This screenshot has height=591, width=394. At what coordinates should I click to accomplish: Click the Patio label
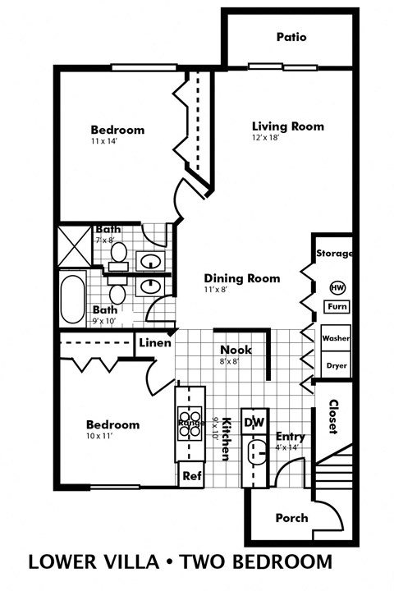coord(291,37)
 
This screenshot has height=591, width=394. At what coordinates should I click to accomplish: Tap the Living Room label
coord(287,126)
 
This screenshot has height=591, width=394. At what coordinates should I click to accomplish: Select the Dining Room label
coord(242,278)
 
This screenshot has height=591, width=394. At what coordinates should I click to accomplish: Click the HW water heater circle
coord(337,287)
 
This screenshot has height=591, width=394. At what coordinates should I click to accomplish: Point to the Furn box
coord(337,307)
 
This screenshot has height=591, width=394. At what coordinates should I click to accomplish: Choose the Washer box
coord(337,338)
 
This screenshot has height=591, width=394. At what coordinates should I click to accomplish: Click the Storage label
coord(335,254)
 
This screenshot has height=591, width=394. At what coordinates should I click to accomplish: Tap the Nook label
coord(236,350)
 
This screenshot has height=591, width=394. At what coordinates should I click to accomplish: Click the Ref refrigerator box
coord(191,475)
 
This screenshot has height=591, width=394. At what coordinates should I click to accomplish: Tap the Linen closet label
coord(154,343)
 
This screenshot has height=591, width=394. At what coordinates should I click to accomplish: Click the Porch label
coord(291,518)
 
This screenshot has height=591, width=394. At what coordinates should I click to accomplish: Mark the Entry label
coord(291,437)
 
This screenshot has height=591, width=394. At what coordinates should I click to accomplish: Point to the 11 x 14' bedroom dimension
coord(106,142)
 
